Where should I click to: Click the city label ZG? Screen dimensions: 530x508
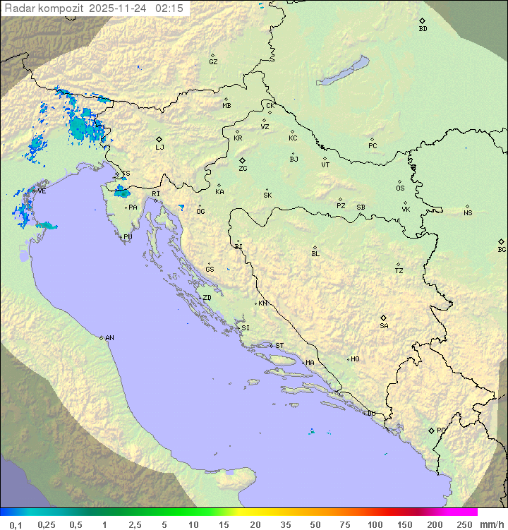coord(243,169)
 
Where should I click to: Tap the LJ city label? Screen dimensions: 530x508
coord(159,147)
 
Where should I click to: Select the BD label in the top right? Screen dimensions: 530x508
coord(423,29)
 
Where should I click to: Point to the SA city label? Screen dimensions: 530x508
coord(384,325)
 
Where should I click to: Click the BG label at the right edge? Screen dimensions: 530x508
coord(502,249)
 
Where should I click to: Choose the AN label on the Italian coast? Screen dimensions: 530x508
coord(109,338)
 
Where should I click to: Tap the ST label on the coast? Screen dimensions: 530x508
coord(279,346)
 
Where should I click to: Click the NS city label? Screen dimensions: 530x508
coord(468,213)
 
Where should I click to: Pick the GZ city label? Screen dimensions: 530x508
coord(213,62)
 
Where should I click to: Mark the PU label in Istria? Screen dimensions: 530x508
coord(128,237)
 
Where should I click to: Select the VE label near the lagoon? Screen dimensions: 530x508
coord(42,191)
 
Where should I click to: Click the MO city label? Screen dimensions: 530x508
coord(355,359)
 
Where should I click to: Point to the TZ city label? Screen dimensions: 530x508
coord(399,271)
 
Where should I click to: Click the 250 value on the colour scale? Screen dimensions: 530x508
coord(464,524)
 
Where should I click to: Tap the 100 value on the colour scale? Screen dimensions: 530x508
coord(375,524)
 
